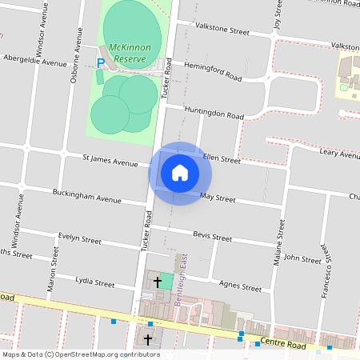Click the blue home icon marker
[x=180, y=173]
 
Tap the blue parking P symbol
[x=101, y=63]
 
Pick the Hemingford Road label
[x=212, y=71]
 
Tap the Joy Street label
[x=278, y=14]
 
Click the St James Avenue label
[x=111, y=162]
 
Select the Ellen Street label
[x=222, y=159]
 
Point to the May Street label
[x=218, y=198]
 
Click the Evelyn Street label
[x=79, y=238]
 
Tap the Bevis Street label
[x=213, y=237]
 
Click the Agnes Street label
[x=240, y=286]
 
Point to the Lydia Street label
[x=94, y=282]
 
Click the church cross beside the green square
[x=158, y=282]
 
